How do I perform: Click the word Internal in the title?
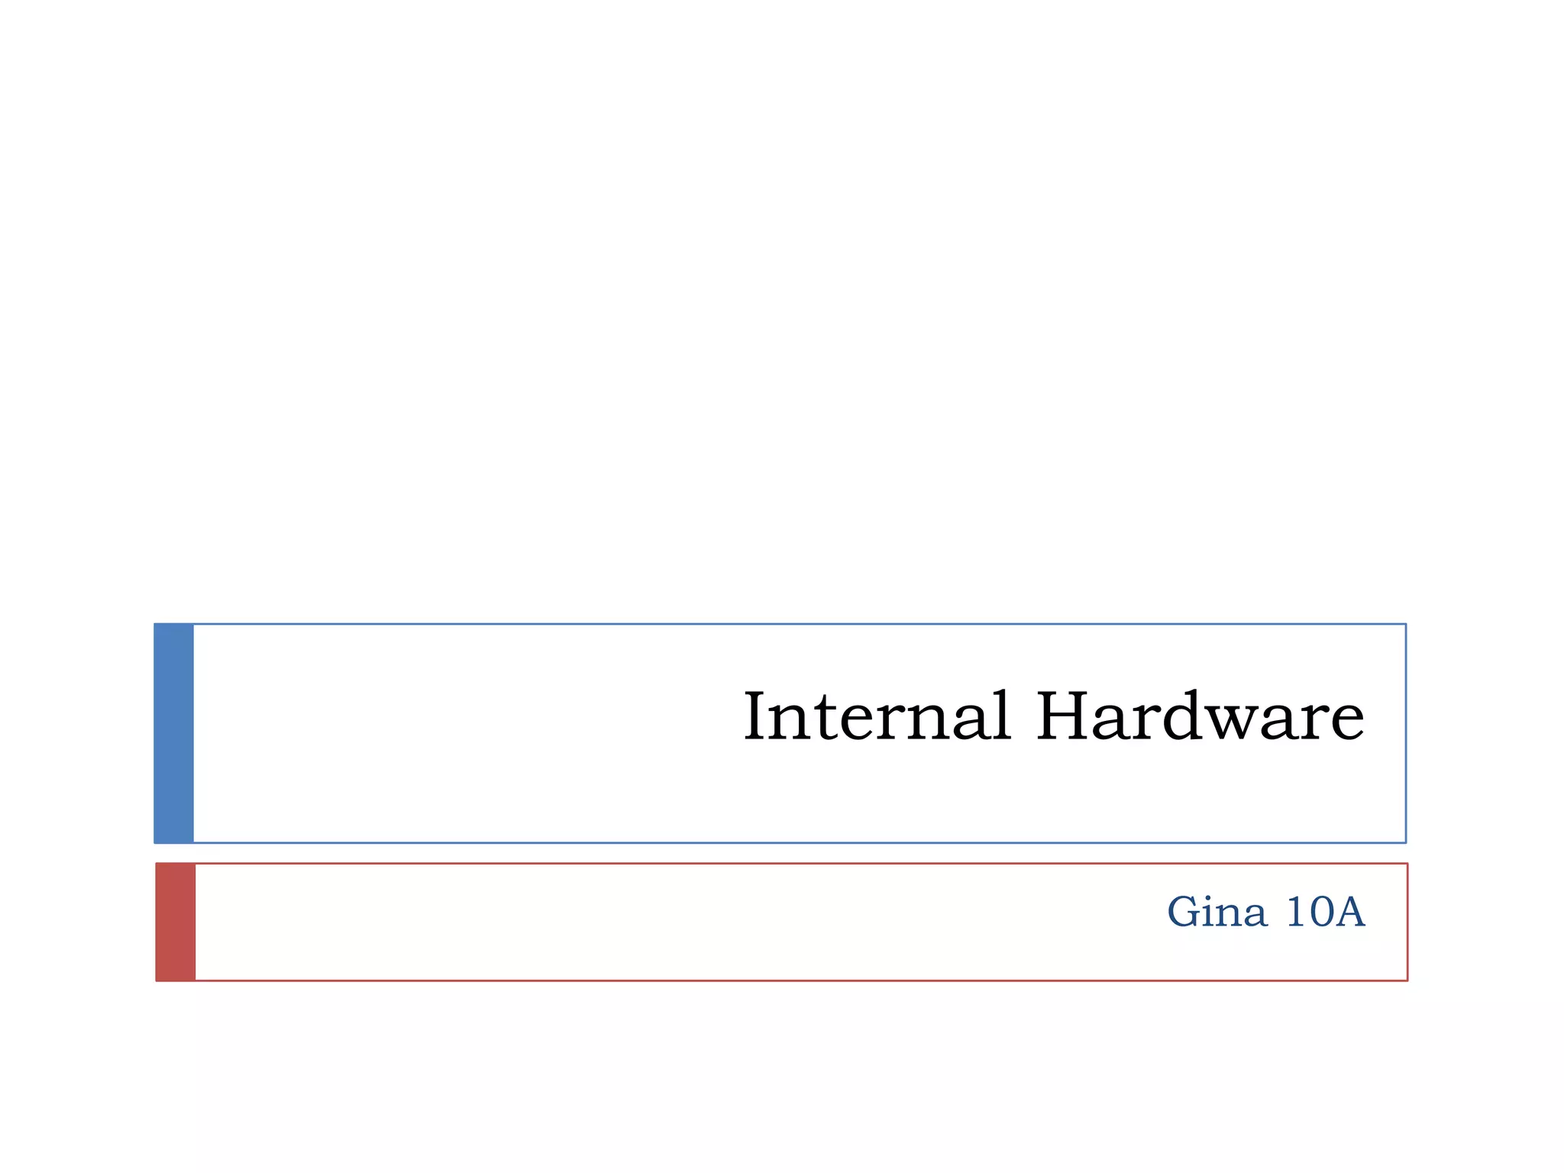(877, 716)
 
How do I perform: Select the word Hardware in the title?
(1200, 716)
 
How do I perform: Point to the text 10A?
(1325, 912)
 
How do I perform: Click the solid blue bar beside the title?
(174, 733)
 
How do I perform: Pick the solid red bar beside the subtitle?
(176, 922)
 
